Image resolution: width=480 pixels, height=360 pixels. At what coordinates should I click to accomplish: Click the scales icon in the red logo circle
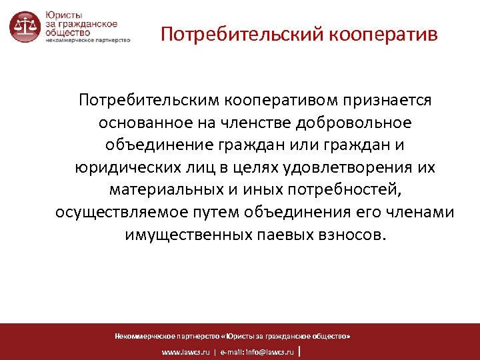[x=25, y=27]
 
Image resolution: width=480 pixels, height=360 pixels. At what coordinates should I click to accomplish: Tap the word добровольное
[x=359, y=123]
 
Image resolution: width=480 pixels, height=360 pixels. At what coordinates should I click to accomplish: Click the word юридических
[x=118, y=167]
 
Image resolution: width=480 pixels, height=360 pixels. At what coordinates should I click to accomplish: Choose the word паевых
[x=281, y=235]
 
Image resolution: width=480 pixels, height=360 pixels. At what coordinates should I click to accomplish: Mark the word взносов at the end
[x=353, y=235]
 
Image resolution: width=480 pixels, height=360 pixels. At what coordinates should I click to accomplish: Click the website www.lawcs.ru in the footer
[x=185, y=351]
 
